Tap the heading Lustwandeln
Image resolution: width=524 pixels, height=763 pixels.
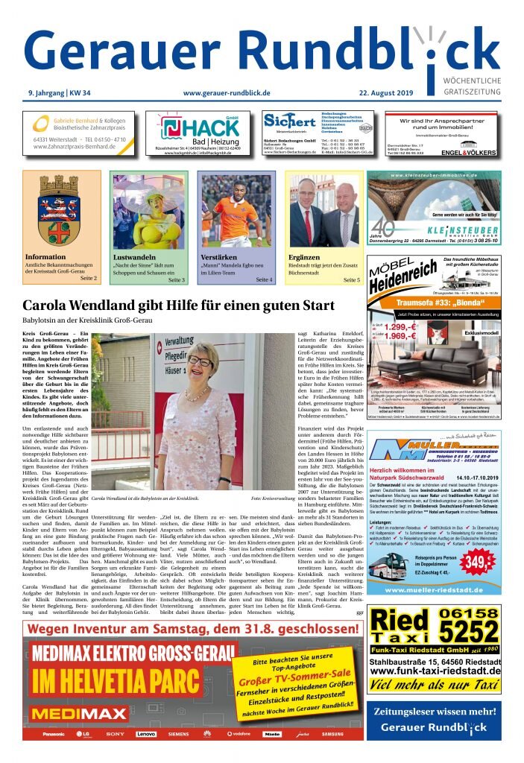133,258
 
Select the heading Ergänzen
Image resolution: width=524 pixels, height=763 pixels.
303,258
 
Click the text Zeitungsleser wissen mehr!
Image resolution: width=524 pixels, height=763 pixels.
434,711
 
